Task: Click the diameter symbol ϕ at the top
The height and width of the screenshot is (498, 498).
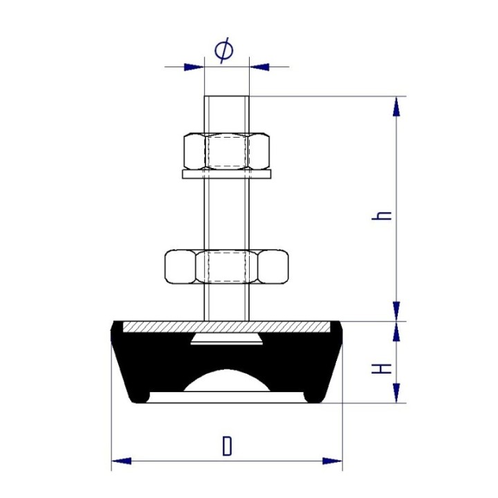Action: (224, 50)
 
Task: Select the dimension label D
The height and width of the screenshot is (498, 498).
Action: (227, 446)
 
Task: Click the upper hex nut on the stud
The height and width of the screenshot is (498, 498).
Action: (227, 151)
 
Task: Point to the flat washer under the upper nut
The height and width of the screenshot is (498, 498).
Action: (227, 174)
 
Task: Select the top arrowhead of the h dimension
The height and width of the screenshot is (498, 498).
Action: (396, 106)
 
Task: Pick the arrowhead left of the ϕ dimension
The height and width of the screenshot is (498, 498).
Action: (194, 67)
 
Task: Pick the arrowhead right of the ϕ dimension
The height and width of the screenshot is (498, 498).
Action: (259, 67)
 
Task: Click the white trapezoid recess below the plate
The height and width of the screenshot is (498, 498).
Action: (226, 338)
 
